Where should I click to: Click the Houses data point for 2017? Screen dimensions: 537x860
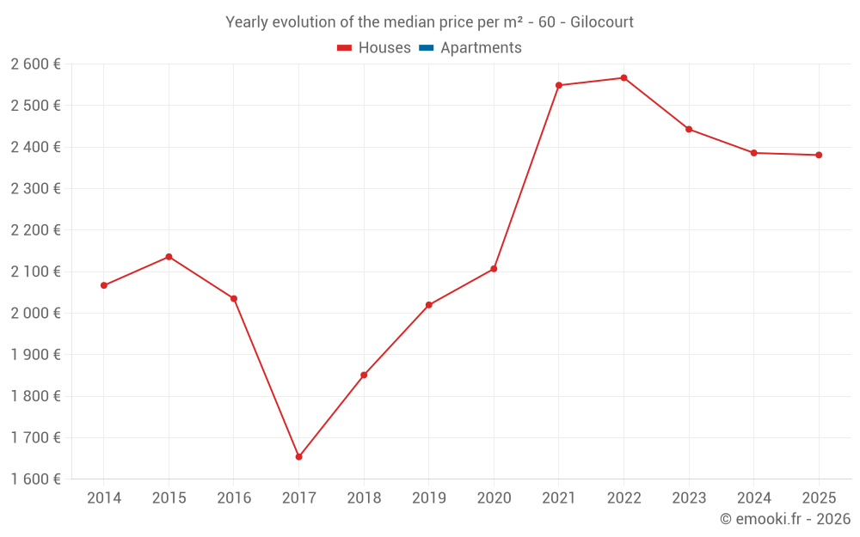298,457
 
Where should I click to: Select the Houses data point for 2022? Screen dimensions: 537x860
623,78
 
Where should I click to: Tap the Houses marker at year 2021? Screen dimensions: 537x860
558,85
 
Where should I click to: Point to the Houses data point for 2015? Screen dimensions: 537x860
169,257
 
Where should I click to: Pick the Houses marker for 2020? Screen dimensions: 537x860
494,269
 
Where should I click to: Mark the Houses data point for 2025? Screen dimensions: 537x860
819,156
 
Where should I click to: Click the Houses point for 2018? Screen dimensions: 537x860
364,375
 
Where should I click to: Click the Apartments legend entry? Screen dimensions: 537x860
481,48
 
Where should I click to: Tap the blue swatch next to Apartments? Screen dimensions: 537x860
426,48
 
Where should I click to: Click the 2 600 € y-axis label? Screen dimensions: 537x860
35,64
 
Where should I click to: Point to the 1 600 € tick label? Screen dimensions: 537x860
35,479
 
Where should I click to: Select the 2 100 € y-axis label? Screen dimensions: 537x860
35,272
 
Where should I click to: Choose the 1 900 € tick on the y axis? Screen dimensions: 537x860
35,355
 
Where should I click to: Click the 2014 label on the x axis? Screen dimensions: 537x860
104,498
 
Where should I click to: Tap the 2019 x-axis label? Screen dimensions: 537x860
428,498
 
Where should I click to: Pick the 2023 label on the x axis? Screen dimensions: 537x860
689,498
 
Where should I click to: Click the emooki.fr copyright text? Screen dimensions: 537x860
785,519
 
